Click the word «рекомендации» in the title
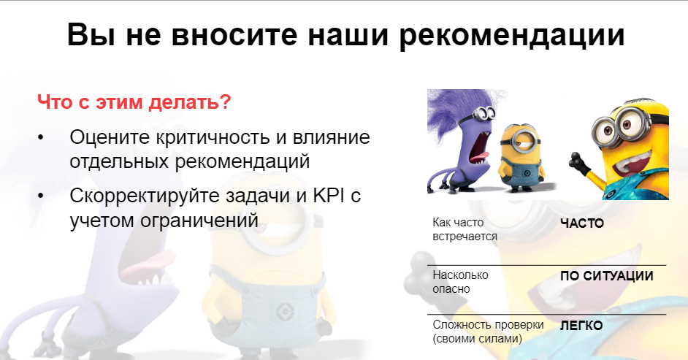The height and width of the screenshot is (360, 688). [511, 36]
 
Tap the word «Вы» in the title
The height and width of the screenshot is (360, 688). [92, 34]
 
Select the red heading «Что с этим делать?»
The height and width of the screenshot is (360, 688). [134, 102]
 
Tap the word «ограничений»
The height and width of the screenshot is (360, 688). [199, 220]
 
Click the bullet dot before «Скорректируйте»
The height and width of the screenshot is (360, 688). [41, 196]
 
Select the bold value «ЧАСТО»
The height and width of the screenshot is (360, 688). [582, 223]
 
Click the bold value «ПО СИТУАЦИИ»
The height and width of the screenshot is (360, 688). [607, 276]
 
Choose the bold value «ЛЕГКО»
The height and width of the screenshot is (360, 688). [581, 326]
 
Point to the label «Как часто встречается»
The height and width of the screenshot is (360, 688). [465, 229]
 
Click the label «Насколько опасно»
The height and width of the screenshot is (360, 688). [460, 282]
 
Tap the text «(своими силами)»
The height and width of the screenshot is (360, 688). [478, 339]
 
